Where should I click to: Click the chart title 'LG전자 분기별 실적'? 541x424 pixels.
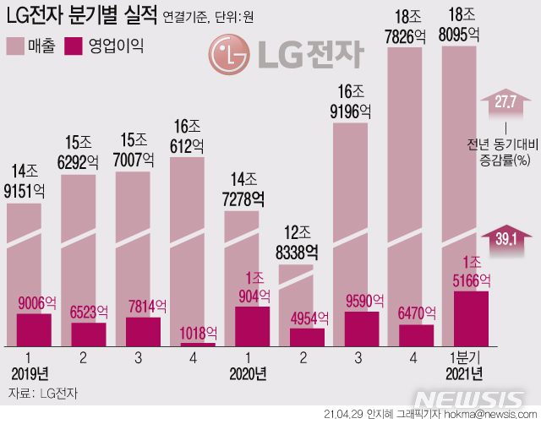click(x=81, y=15)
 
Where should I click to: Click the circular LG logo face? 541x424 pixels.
click(x=226, y=55)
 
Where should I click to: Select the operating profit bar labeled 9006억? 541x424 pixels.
click(x=34, y=329)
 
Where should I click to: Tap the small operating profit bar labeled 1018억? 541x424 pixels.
click(x=198, y=343)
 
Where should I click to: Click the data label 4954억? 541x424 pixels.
click(x=307, y=318)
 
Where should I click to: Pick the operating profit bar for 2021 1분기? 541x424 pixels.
click(x=471, y=318)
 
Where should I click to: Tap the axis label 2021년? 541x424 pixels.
click(x=464, y=372)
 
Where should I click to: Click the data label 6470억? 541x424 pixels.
click(x=416, y=313)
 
